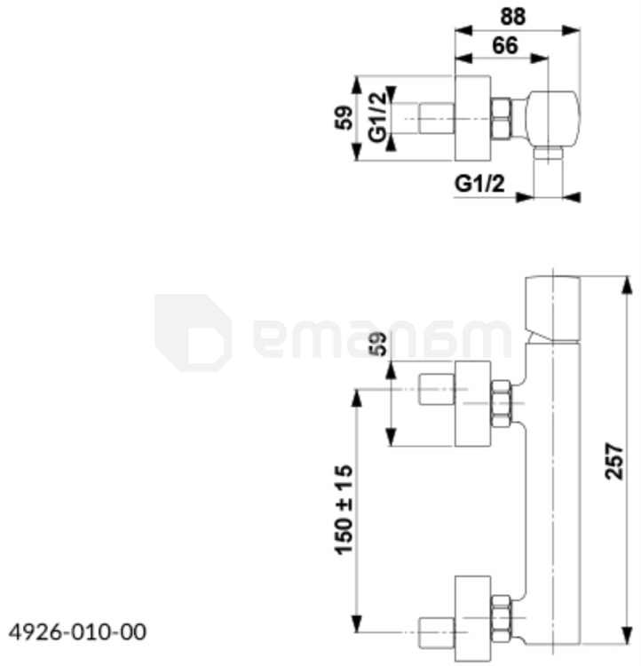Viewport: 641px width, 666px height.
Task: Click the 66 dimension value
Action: point(505,45)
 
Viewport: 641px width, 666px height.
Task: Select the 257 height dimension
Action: point(615,459)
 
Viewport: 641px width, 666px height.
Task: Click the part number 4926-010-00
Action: point(77,632)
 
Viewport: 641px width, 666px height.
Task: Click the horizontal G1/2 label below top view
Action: point(479,184)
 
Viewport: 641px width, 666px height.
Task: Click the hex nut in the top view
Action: point(503,118)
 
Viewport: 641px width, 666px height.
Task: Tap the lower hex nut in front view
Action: point(502,619)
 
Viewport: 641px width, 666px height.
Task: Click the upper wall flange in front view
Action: point(472,403)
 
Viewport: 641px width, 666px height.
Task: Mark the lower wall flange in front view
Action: point(472,613)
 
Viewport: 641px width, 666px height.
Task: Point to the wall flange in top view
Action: point(472,118)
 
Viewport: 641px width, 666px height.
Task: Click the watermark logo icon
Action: point(193,332)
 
